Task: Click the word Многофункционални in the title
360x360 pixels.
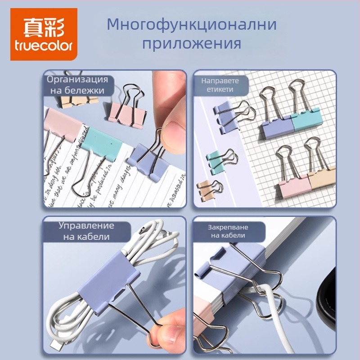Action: click(191, 25)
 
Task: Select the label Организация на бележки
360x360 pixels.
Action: click(78, 85)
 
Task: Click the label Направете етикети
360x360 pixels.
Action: click(220, 85)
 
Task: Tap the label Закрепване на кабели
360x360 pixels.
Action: click(220, 231)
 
